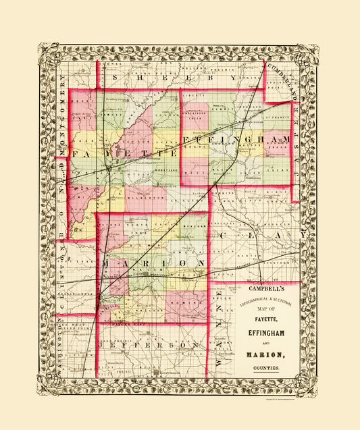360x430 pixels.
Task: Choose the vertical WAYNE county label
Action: click(x=215, y=328)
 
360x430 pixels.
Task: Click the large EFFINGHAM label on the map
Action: click(x=236, y=139)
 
